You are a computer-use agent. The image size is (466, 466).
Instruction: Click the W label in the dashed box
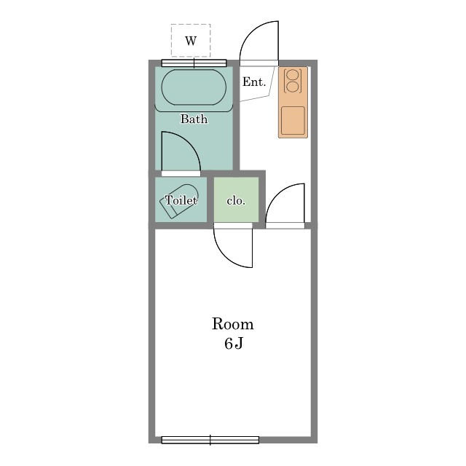(x=191, y=41)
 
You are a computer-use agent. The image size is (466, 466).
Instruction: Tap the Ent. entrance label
(x=254, y=82)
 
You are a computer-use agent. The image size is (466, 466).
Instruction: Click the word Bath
(x=194, y=119)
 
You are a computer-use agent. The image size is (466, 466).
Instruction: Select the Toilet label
(x=181, y=200)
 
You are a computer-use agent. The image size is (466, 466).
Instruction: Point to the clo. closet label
(x=236, y=201)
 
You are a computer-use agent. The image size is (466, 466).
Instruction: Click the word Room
(x=233, y=324)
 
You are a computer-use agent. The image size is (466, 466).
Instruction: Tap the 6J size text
(x=234, y=344)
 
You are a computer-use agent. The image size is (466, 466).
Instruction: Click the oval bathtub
(x=194, y=87)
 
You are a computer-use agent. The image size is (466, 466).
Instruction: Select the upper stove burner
(x=292, y=74)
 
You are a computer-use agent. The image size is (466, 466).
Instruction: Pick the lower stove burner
(x=292, y=87)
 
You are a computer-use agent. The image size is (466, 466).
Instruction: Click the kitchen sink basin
(x=293, y=121)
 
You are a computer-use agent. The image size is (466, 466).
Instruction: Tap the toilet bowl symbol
(x=179, y=202)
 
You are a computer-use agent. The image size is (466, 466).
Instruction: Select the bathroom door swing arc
(x=189, y=143)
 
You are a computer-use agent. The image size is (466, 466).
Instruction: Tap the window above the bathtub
(x=194, y=63)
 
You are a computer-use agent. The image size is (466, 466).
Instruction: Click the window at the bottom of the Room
(x=210, y=440)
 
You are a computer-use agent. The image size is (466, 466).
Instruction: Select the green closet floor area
(x=236, y=200)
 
